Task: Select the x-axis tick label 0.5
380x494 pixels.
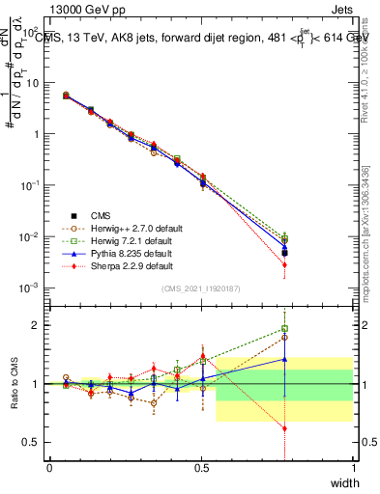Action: tap(201, 468)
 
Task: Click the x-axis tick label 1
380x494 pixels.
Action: tap(353, 468)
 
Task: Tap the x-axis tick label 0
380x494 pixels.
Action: tap(49, 468)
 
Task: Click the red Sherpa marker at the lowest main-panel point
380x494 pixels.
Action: tap(284, 264)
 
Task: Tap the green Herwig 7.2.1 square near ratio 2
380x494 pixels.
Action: tap(284, 329)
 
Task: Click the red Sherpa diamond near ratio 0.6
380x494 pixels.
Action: tap(284, 427)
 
